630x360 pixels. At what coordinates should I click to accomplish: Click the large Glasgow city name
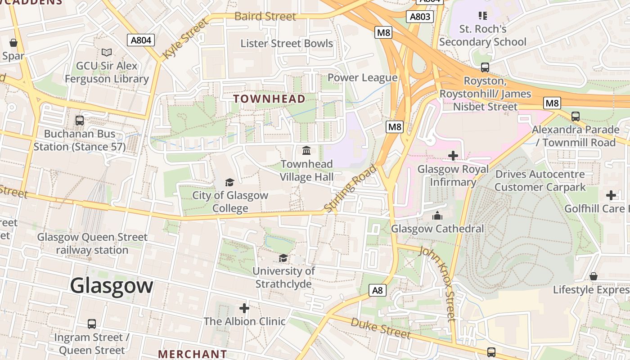pos(112,286)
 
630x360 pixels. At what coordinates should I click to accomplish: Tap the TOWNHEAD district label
pos(270,99)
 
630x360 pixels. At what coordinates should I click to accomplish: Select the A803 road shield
pos(419,17)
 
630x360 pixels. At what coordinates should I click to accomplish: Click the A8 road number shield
pos(378,290)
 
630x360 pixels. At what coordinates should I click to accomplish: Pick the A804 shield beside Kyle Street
pos(140,40)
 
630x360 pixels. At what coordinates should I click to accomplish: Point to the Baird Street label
pos(265,17)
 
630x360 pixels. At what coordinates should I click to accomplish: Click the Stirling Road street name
pos(350,189)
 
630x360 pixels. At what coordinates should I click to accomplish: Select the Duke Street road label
pos(380,328)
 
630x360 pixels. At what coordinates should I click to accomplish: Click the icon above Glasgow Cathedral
pos(437,216)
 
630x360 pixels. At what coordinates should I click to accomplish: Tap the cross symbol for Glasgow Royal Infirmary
pos(453,156)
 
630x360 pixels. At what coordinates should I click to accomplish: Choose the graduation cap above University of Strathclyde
pos(283,258)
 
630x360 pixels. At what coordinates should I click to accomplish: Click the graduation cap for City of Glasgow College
pos(230,182)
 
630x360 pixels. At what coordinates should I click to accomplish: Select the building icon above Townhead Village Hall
pos(306,150)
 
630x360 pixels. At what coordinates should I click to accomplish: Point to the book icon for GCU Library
pos(107,53)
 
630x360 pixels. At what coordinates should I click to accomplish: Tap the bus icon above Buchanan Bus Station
pos(80,121)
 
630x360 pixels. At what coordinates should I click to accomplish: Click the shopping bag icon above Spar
pos(13,43)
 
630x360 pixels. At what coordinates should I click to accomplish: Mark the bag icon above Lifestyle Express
pos(594,276)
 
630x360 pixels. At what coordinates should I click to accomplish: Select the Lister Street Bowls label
pos(287,44)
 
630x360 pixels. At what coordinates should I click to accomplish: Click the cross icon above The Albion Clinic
pos(244,308)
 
